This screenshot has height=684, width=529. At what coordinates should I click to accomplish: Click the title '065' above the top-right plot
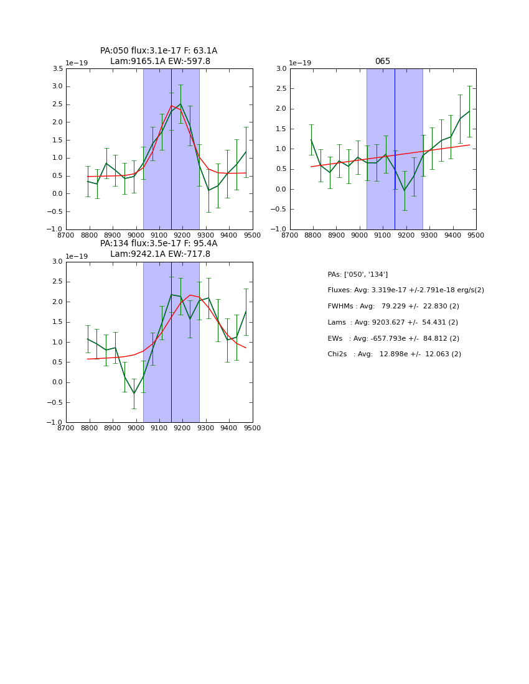point(382,62)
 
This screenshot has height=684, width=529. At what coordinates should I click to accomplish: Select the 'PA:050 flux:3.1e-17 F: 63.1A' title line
point(159,51)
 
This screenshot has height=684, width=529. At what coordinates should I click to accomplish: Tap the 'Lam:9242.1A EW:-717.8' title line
point(160,254)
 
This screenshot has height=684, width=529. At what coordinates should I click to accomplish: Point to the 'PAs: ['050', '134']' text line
point(357,274)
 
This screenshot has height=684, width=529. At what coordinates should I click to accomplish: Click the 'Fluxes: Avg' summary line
point(405,290)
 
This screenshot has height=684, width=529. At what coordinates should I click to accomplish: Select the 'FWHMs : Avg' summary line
point(393,307)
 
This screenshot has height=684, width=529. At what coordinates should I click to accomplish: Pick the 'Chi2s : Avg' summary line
point(394,354)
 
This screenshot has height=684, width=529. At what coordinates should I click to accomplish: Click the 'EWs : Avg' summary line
point(394,338)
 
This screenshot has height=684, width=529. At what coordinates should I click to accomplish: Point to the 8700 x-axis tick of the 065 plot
point(290,236)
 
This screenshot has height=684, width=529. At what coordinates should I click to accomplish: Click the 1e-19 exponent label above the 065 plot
point(301,63)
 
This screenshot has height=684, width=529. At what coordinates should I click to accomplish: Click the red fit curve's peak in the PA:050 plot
point(171,106)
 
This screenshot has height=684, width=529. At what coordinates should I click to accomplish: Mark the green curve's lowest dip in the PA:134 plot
point(134,394)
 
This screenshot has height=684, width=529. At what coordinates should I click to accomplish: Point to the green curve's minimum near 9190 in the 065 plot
point(404,190)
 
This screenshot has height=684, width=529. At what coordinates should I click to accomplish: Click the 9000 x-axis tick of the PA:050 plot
point(136,236)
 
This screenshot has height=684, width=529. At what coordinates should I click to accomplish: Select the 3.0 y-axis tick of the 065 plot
point(281,69)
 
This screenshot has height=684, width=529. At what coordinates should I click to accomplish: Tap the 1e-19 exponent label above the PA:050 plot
point(77,63)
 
